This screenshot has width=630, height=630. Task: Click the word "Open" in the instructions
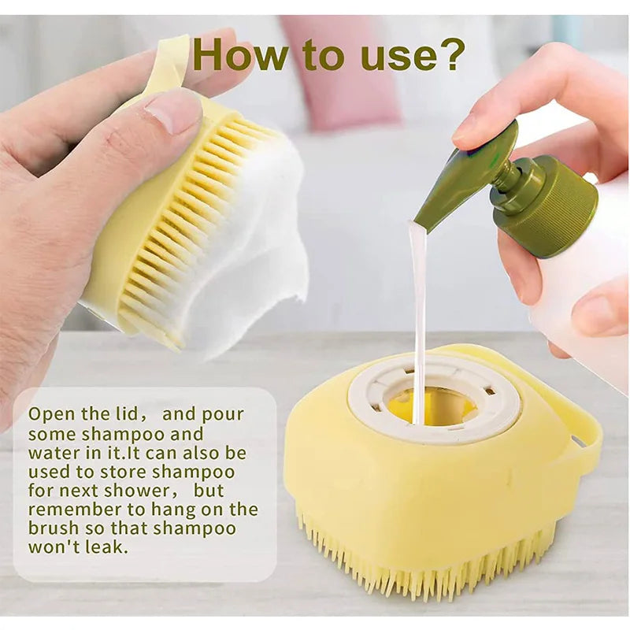pyautogui.click(x=50, y=414)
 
